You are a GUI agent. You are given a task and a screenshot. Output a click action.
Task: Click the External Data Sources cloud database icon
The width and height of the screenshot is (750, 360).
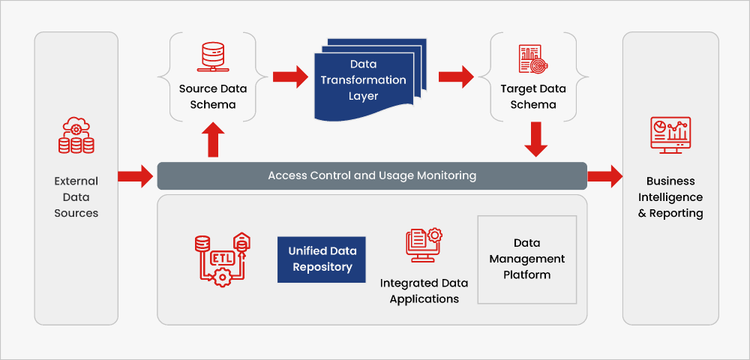point(76,136)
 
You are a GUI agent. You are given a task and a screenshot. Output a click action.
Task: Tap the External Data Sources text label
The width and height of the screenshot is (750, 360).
point(76,197)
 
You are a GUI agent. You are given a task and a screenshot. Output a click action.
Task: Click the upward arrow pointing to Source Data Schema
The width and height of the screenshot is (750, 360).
point(213,140)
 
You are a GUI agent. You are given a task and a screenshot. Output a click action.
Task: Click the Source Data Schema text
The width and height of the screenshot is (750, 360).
point(213,97)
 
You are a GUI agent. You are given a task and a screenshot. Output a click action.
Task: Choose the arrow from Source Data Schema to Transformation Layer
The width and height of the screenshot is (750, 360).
point(290,76)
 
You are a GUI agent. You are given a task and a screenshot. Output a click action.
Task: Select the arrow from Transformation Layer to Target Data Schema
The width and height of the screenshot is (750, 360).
point(456,76)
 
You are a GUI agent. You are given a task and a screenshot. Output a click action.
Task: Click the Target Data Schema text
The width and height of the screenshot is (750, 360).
point(533,97)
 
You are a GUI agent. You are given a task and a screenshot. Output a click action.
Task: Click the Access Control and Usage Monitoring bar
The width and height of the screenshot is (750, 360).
point(372,176)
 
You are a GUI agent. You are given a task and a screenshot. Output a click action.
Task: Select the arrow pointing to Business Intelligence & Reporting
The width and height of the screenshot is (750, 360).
point(604,176)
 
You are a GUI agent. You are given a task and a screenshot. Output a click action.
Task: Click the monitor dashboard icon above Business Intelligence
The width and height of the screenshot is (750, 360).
point(670,136)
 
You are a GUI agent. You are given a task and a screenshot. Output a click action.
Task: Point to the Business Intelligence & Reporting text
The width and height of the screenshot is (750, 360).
point(670,197)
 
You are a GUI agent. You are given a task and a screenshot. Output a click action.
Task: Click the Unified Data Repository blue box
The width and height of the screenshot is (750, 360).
point(322,259)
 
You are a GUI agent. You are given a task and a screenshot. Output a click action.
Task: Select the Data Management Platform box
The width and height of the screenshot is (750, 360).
point(527,259)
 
